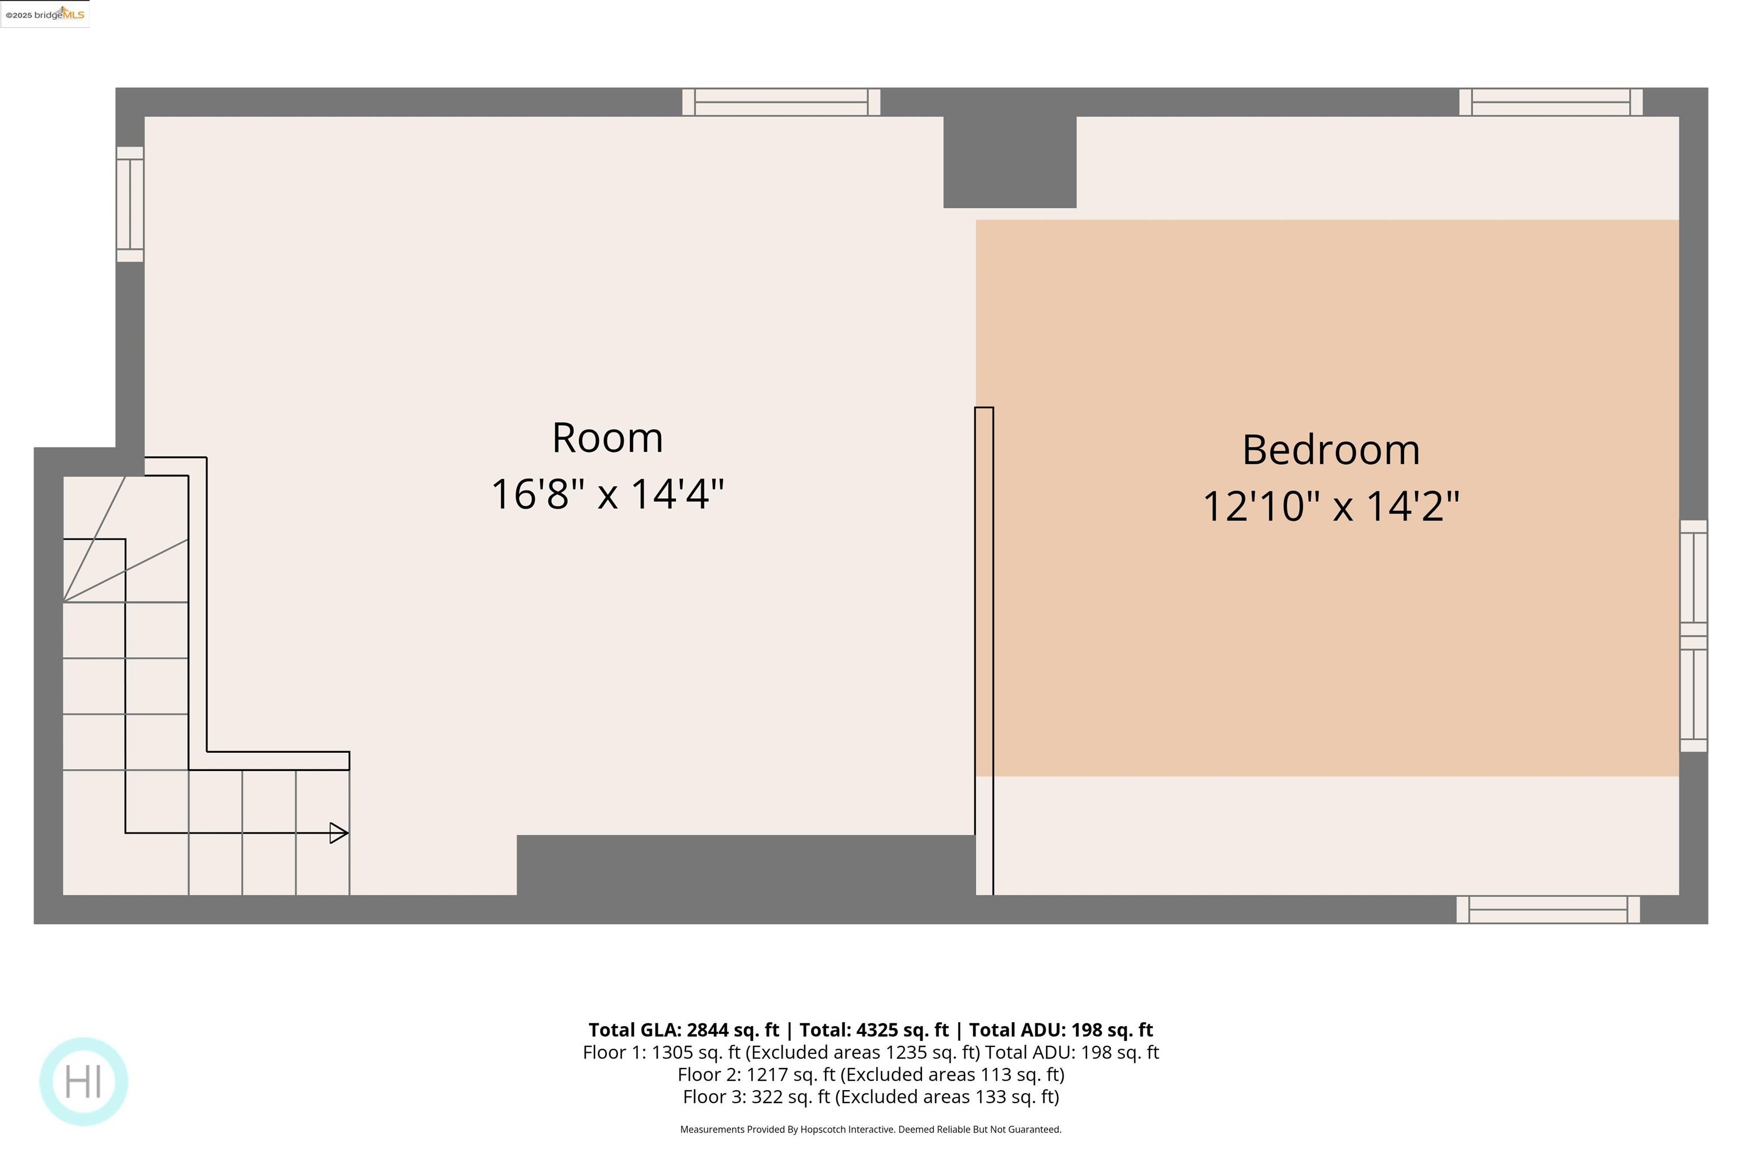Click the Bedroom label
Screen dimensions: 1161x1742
point(1330,450)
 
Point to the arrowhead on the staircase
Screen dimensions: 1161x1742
point(339,833)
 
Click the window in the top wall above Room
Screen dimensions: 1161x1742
point(781,102)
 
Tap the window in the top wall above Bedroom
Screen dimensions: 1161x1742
point(1550,102)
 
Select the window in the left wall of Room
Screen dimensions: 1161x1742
point(130,204)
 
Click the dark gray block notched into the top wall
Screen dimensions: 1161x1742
point(1009,162)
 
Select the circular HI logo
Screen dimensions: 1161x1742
point(84,1081)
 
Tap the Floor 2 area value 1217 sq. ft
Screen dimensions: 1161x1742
point(789,1074)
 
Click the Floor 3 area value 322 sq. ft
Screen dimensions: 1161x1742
point(790,1096)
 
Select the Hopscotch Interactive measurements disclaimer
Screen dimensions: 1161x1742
point(870,1129)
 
